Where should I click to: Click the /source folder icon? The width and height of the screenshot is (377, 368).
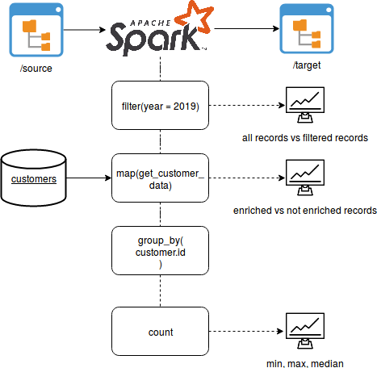(36, 30)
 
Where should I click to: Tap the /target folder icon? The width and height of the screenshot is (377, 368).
(307, 28)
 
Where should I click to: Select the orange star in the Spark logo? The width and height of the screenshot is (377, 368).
(195, 17)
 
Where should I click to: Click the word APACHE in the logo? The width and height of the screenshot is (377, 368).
(150, 23)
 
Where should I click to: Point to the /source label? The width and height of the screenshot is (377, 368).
(36, 69)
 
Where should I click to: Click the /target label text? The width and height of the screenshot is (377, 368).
(307, 65)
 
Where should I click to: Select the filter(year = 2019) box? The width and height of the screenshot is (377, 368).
(161, 106)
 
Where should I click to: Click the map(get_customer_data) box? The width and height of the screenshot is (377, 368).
(161, 178)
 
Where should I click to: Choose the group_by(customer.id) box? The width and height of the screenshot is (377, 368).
(161, 251)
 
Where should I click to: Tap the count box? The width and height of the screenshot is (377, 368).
(161, 332)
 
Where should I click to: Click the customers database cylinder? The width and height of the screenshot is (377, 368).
(34, 178)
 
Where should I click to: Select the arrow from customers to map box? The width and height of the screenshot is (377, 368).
(89, 178)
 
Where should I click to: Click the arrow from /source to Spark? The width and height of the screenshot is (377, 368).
(85, 30)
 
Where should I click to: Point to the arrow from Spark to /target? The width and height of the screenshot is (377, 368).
(247, 28)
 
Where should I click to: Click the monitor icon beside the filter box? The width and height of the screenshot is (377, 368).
(305, 105)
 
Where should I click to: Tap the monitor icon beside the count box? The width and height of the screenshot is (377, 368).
(305, 331)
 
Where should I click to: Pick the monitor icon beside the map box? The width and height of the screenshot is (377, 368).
(305, 178)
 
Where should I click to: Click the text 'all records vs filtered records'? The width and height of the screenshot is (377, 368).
(305, 138)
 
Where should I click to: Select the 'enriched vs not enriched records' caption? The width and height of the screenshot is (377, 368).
(305, 211)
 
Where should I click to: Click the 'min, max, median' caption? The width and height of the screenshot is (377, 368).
(305, 364)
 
